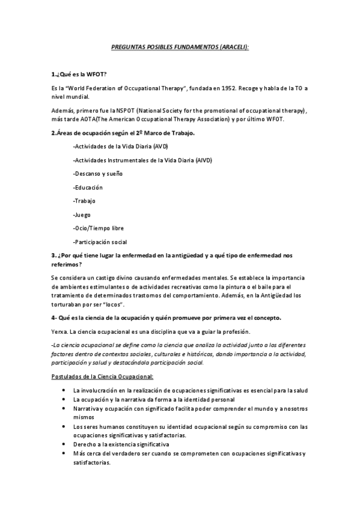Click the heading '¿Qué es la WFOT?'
(79, 74)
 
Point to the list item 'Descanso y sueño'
(97, 174)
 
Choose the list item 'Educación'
(87, 188)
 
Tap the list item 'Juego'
(82, 215)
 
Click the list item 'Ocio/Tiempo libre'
(98, 228)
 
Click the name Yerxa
(61, 333)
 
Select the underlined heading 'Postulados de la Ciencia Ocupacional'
(103, 377)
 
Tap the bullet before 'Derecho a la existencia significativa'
(64, 444)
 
